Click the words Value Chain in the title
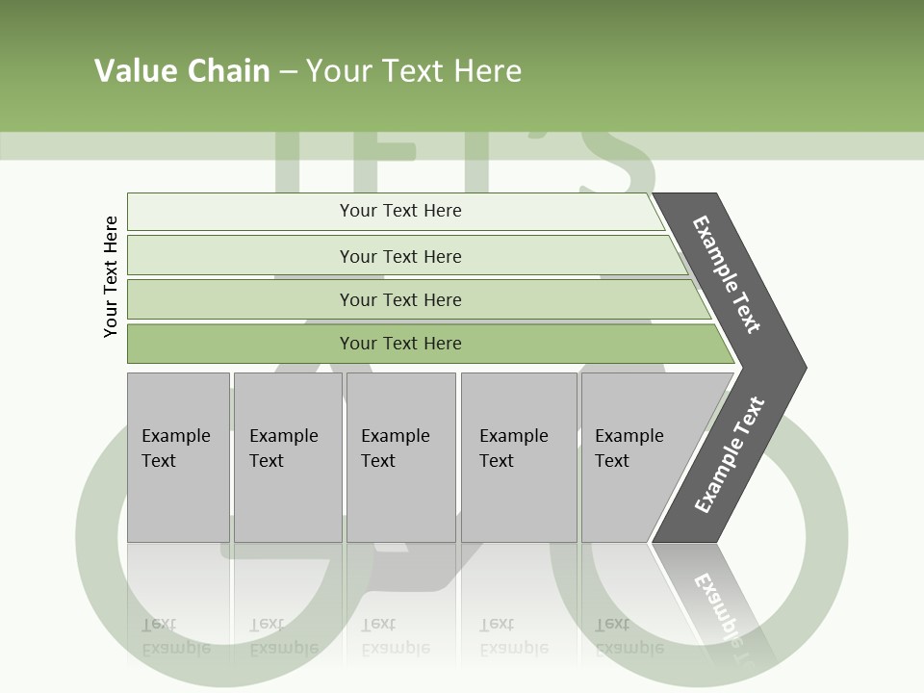point(182,70)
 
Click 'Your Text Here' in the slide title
point(414,70)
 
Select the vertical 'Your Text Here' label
point(111,276)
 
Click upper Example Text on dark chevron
point(728,274)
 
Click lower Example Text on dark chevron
point(730,455)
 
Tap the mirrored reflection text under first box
point(176,636)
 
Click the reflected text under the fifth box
point(629,636)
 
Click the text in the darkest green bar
point(400,344)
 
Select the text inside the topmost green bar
point(400,211)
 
